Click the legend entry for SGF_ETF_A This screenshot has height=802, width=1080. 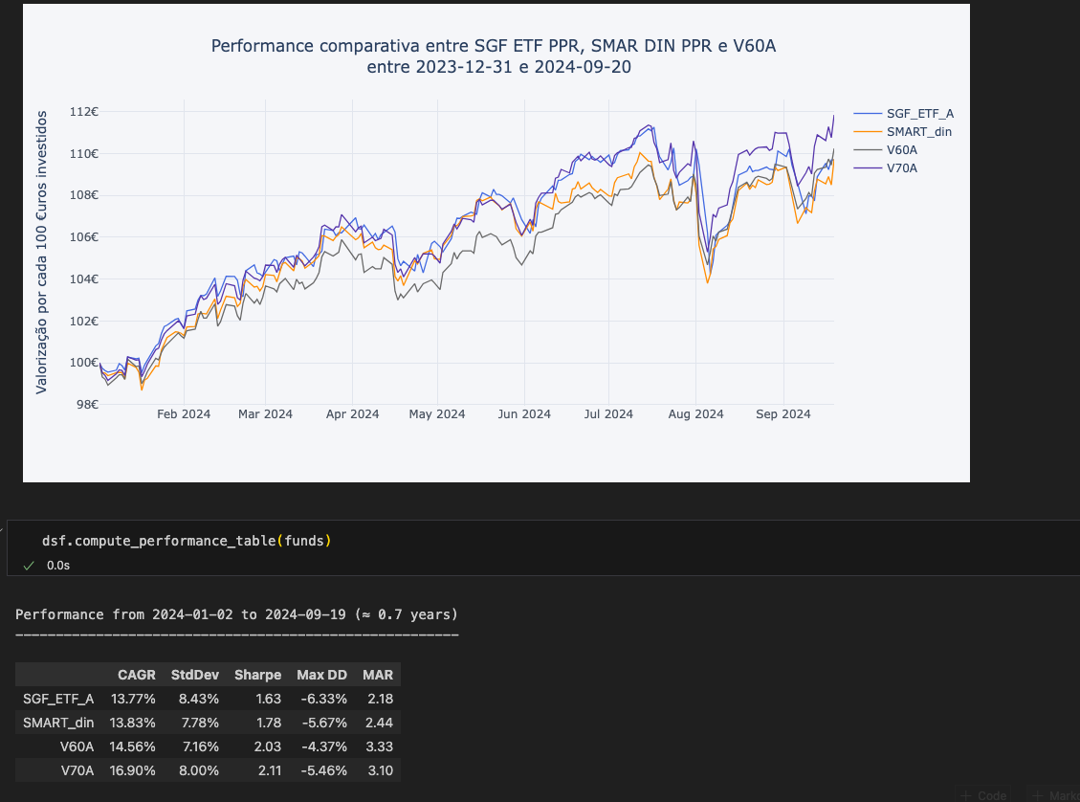tap(919, 114)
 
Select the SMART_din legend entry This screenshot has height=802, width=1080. tap(918, 132)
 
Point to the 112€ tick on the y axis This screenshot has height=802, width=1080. tap(84, 112)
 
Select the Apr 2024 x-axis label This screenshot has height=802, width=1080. tap(352, 414)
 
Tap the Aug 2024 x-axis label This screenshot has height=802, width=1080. tap(695, 414)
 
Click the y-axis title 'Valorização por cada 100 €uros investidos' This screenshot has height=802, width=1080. tap(42, 252)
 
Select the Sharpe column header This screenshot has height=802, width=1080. tap(257, 675)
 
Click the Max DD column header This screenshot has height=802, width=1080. tap(322, 675)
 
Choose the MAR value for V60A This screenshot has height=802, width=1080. tap(379, 746)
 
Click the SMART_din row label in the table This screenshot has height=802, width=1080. tap(58, 723)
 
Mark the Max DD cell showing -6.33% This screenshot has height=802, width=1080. tap(322, 699)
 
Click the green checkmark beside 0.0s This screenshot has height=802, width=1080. tap(29, 566)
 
